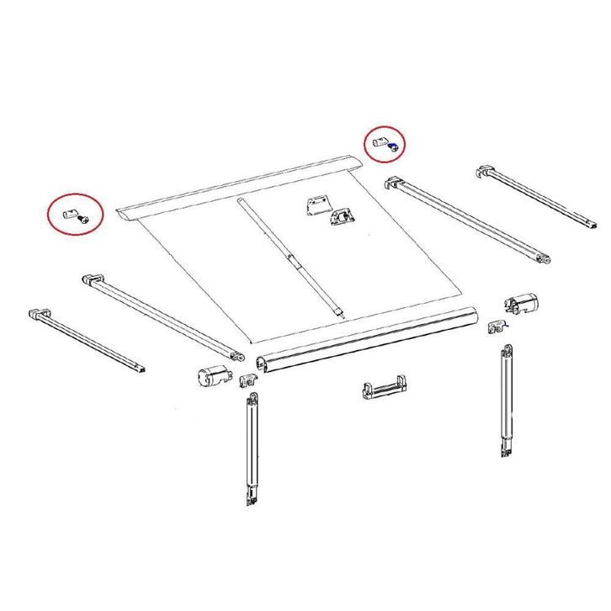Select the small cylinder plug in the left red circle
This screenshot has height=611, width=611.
coord(69,210)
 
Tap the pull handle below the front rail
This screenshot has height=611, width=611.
coord(385,391)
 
